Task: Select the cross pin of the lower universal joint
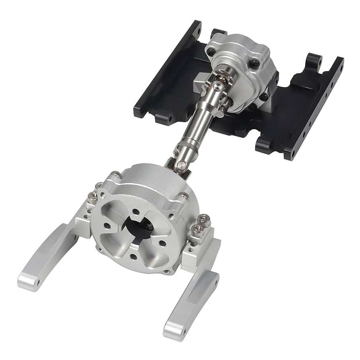[182, 164]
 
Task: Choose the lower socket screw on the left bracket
[92, 196]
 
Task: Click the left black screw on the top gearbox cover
[211, 52]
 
